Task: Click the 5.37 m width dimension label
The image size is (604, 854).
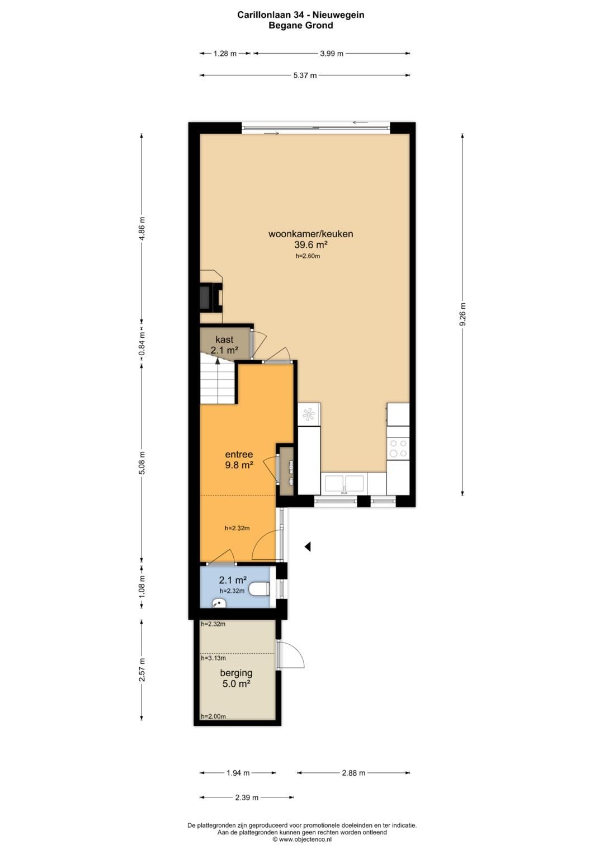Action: pos(305,76)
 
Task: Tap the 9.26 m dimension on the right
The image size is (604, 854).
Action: pos(463,314)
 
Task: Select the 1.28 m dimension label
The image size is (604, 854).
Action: pos(225,53)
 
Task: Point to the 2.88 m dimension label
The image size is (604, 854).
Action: pos(353,773)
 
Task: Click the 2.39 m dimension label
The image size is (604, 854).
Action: pos(247,797)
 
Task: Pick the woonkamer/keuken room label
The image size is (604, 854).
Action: pos(310,234)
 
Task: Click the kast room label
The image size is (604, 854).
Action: pos(224,339)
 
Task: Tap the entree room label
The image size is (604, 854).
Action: pos(239,454)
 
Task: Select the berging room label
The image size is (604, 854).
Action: pos(236,673)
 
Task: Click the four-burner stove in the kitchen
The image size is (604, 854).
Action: pos(398,449)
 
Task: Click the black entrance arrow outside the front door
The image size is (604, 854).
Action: pos(308,547)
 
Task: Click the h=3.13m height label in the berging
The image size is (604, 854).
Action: pos(213,658)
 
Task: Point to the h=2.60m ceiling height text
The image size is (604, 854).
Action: pos(308,256)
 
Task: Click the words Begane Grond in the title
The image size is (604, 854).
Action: pos(301,26)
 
